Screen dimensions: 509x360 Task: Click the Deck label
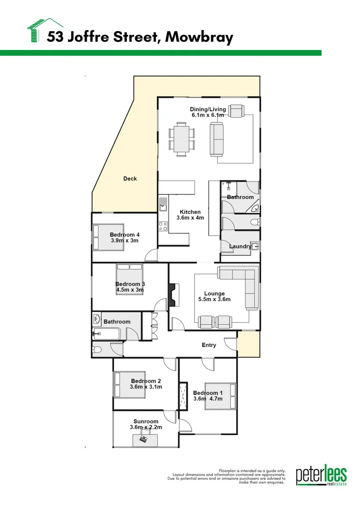coord(130,179)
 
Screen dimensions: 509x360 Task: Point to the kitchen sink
coord(163,205)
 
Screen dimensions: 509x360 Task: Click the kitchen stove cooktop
coord(163,226)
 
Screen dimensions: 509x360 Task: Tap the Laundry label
coord(239,246)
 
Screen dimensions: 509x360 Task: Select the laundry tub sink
coord(254,246)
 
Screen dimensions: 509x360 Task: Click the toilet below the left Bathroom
coord(97,350)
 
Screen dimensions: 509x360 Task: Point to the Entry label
coord(209,345)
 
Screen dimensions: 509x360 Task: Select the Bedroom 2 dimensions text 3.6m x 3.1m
coord(146,387)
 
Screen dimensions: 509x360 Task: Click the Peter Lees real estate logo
coord(321,476)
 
